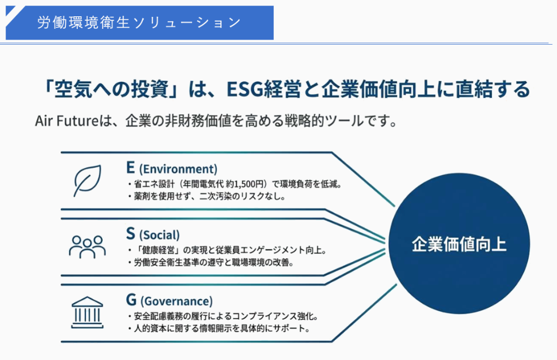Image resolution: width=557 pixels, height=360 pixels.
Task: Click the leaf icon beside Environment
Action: click(x=87, y=180)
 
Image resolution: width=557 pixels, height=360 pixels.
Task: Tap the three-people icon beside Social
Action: click(x=87, y=245)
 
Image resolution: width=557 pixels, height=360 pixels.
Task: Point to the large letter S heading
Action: click(x=131, y=234)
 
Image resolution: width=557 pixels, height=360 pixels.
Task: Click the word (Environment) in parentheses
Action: click(x=178, y=169)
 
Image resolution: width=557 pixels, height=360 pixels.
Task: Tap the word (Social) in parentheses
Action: click(x=159, y=235)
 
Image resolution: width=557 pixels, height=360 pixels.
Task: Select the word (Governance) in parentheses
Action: click(x=176, y=301)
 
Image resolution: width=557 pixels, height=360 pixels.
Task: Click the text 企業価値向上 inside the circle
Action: click(x=459, y=244)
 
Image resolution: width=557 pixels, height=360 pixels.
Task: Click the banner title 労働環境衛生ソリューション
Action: click(x=139, y=22)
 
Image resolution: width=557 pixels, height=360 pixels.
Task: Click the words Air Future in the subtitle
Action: click(x=66, y=121)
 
